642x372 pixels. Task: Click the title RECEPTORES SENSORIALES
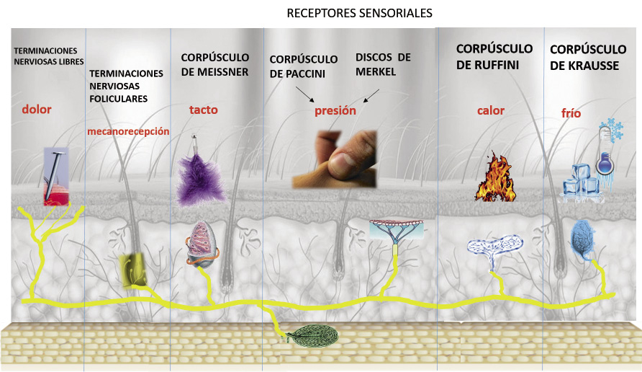tap(359, 14)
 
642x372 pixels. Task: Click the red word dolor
tap(37, 110)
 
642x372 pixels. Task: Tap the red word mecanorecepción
tap(128, 132)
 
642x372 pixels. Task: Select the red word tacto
tap(204, 110)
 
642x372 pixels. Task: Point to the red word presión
tap(335, 111)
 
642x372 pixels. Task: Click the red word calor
tap(491, 111)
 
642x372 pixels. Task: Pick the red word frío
tap(571, 113)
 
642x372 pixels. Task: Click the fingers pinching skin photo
tap(334, 159)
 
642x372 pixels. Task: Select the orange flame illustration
tap(495, 177)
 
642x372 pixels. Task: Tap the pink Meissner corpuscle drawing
tap(202, 243)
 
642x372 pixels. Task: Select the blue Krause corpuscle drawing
tap(582, 239)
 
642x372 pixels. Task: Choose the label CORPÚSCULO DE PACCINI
tap(304, 67)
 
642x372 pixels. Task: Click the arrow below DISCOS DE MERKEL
tap(371, 96)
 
